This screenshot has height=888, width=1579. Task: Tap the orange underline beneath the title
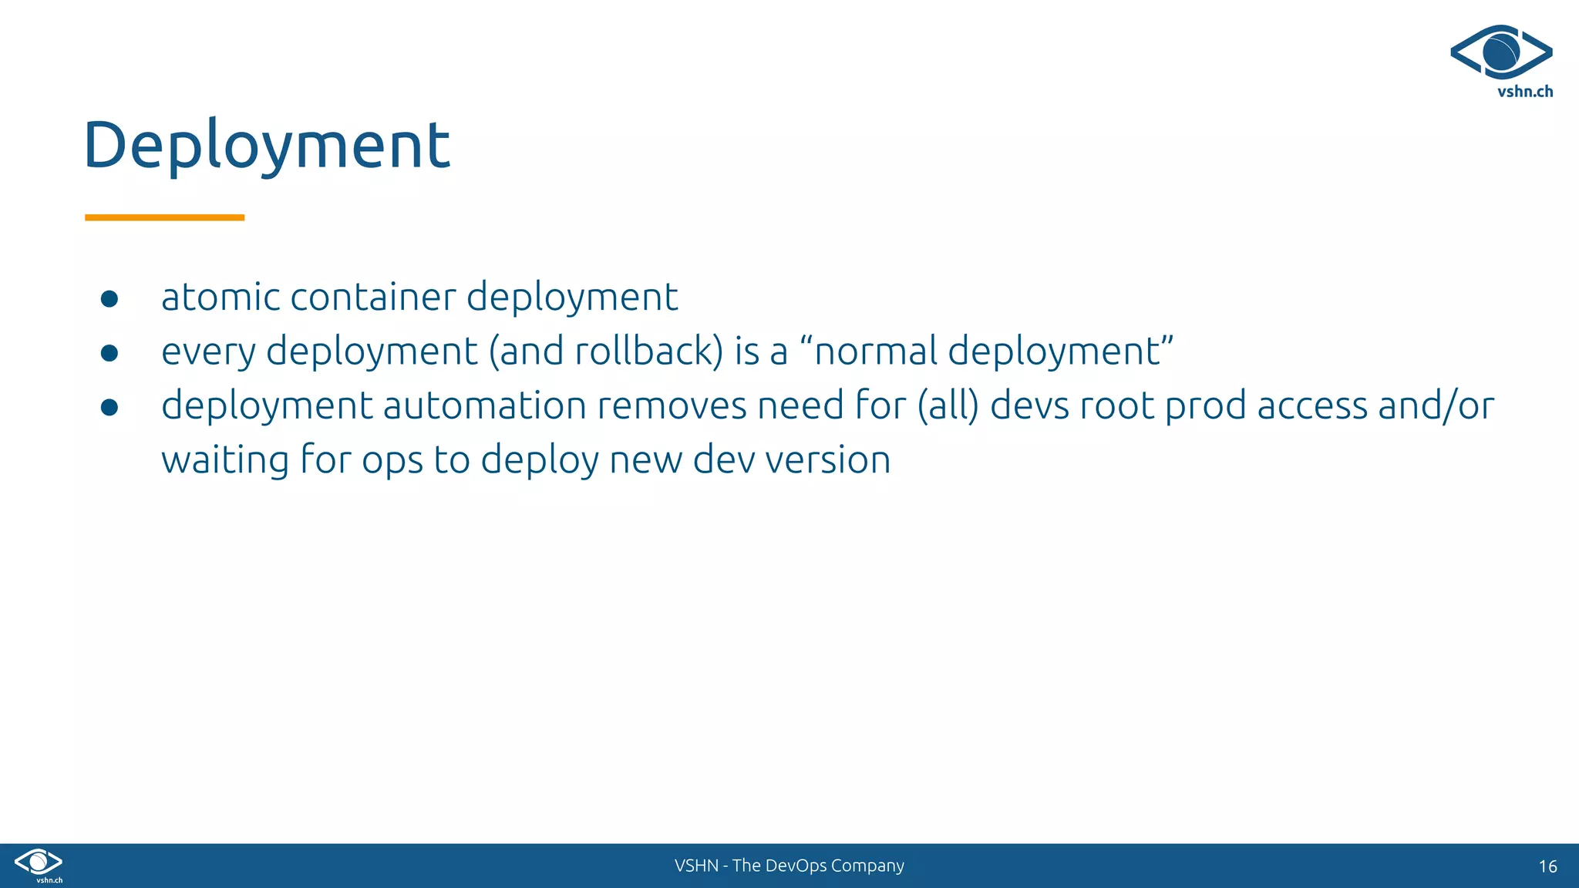pos(164,218)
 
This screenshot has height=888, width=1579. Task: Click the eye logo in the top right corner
pos(1501,52)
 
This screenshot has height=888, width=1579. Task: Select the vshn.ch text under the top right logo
pos(1524,92)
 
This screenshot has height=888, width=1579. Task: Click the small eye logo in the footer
pos(39,862)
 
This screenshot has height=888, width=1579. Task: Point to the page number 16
pos(1547,866)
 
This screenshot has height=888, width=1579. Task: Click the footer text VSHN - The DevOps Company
pos(789,866)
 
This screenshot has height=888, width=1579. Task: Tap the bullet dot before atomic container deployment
pos(109,299)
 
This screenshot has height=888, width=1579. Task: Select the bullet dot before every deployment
pos(109,353)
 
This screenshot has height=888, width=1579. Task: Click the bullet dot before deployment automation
pos(109,407)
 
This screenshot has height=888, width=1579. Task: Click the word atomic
pos(221,298)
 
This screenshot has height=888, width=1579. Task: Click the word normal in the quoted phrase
pos(875,351)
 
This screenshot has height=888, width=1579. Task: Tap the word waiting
pos(225,460)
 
